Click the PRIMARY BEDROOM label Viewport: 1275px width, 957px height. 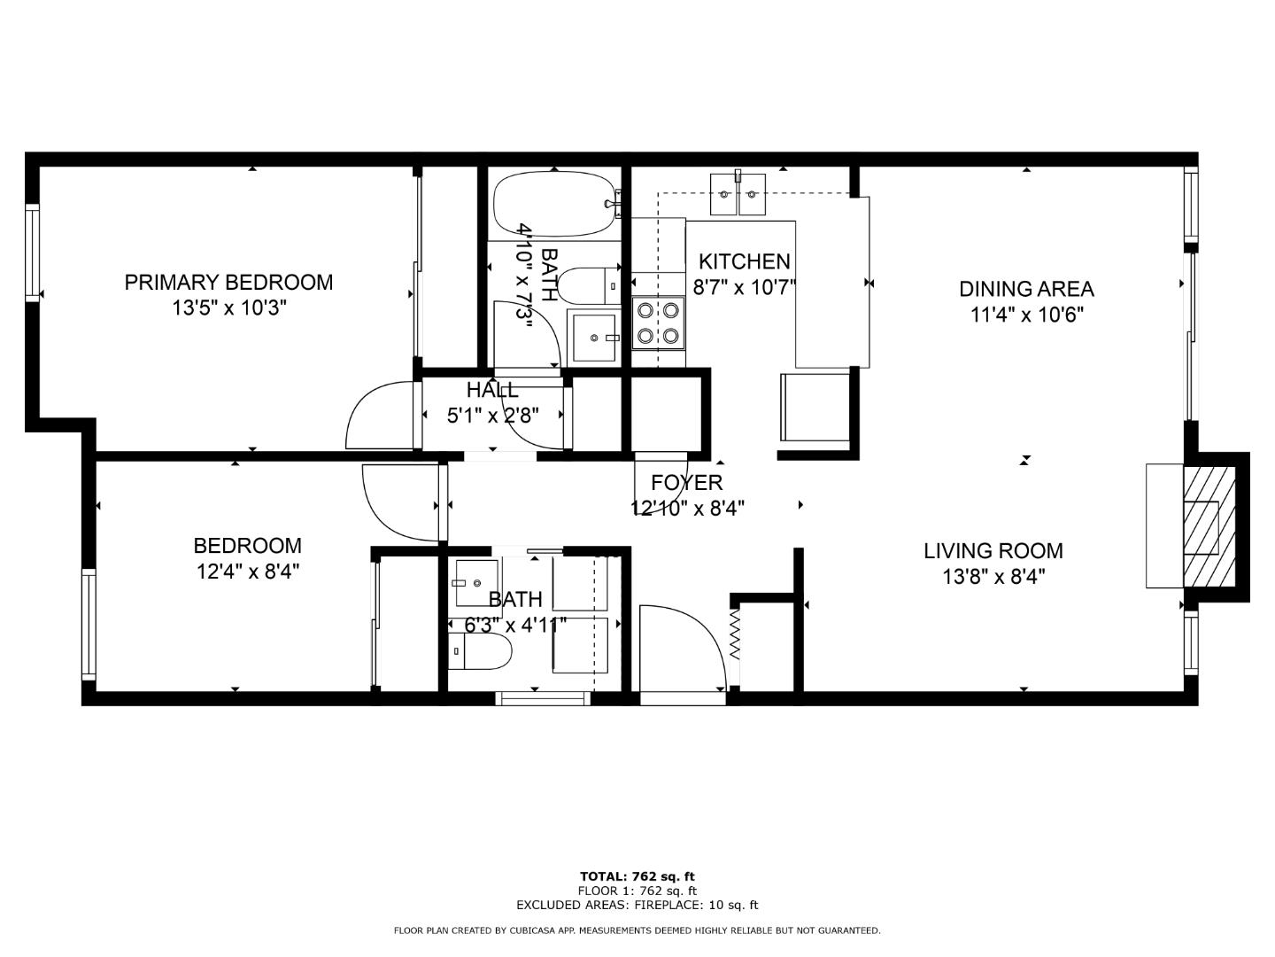(228, 283)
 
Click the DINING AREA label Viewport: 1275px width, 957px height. (1026, 289)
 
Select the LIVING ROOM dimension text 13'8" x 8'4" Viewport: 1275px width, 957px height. (993, 577)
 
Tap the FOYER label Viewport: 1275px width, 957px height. (686, 483)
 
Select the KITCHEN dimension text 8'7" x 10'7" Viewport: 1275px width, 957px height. (745, 287)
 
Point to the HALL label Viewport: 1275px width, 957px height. (492, 390)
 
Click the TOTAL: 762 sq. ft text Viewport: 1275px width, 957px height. (637, 876)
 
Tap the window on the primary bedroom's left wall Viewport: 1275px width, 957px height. (33, 253)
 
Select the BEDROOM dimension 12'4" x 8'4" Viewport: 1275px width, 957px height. (248, 572)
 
